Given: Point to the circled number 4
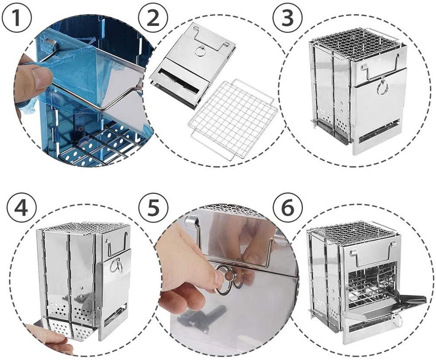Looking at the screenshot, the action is [21, 209].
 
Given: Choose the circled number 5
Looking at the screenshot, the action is [153, 208].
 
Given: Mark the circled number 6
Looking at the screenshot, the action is [287, 208].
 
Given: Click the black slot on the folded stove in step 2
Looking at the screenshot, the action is [178, 83].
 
